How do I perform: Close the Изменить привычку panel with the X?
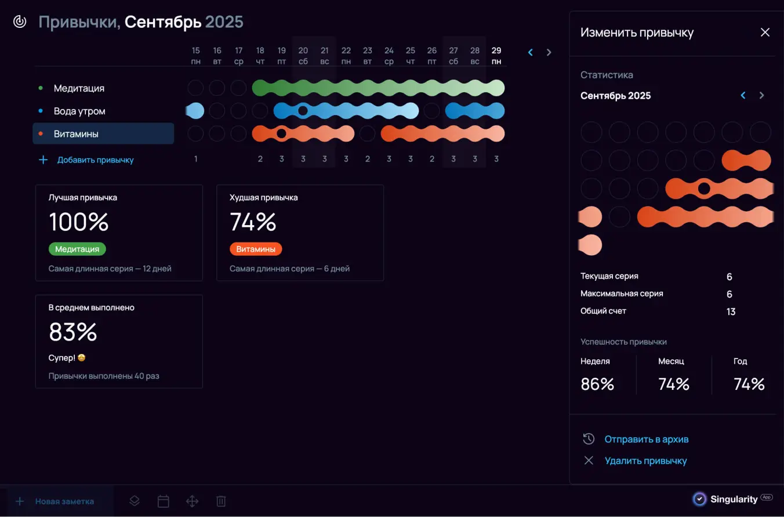[765, 32]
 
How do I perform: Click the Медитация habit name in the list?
[79, 88]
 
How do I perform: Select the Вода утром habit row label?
[79, 111]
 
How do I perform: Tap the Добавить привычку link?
[95, 160]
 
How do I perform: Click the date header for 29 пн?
[496, 56]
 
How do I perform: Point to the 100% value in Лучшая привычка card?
[79, 222]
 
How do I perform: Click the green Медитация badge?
[77, 249]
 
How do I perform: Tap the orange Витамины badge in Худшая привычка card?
[256, 249]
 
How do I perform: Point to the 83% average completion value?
[73, 332]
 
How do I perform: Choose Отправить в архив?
[646, 439]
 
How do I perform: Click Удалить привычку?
[645, 461]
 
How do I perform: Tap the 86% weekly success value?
[597, 384]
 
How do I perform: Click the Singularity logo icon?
[700, 499]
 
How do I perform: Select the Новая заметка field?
[64, 501]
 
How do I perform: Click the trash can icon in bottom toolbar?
[221, 501]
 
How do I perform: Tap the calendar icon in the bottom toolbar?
[164, 501]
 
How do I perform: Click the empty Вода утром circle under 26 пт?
[431, 111]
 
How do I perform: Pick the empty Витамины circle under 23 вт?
[367, 133]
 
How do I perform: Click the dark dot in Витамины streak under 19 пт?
[281, 133]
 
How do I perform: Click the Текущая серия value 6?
[729, 277]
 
